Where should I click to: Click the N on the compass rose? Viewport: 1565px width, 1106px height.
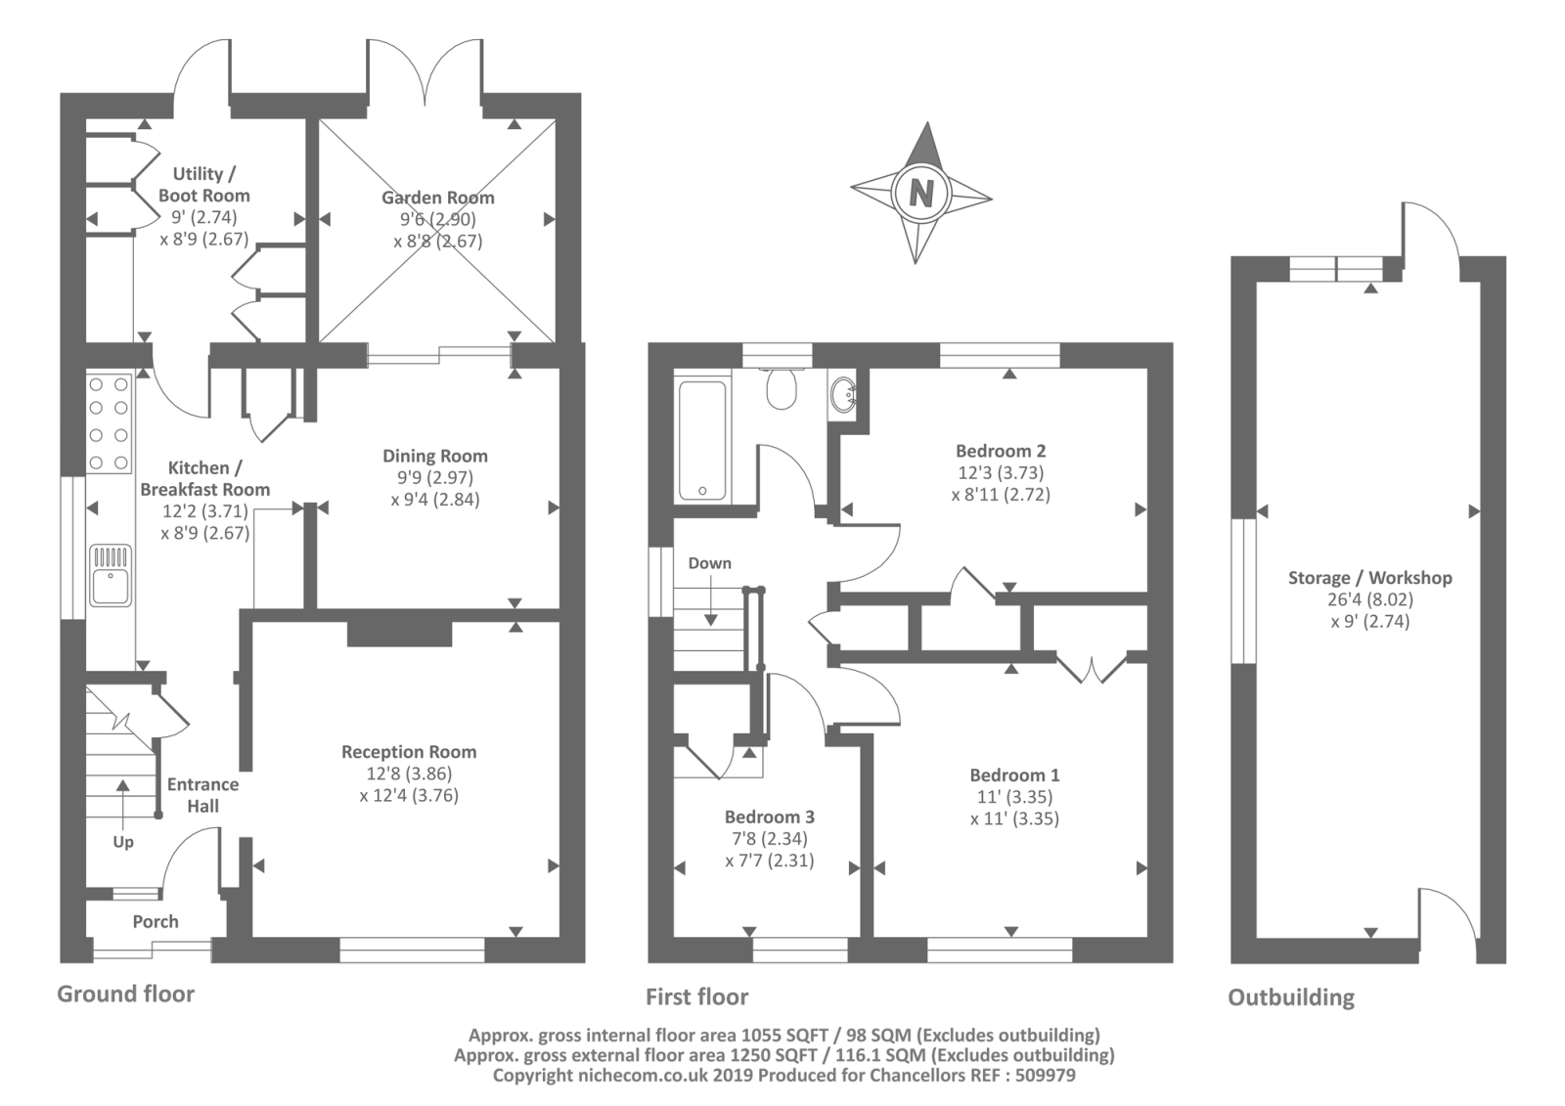[920, 192]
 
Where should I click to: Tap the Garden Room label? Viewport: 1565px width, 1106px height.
[437, 198]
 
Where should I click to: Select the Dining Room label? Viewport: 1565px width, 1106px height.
[434, 456]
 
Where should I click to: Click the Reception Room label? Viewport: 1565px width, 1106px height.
[409, 752]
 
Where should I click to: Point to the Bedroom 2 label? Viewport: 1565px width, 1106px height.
[1001, 451]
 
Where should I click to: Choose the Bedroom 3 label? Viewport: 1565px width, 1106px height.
[769, 817]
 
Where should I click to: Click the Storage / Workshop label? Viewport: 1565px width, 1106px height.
[1369, 578]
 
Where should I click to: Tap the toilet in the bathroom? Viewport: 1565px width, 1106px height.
[782, 389]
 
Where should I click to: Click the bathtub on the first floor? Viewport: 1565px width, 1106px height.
[702, 439]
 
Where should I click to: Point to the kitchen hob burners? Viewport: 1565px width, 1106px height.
[109, 423]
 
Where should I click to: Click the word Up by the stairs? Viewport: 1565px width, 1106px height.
[123, 842]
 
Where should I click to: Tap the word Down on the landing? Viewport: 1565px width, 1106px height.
[709, 563]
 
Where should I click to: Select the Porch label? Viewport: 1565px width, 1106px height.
[156, 921]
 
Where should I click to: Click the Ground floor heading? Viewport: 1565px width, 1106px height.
[125, 994]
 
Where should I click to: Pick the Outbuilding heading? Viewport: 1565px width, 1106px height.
[1291, 997]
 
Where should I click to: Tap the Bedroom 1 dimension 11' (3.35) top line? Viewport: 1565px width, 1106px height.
[1014, 797]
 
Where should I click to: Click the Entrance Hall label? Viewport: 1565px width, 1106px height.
[202, 795]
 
